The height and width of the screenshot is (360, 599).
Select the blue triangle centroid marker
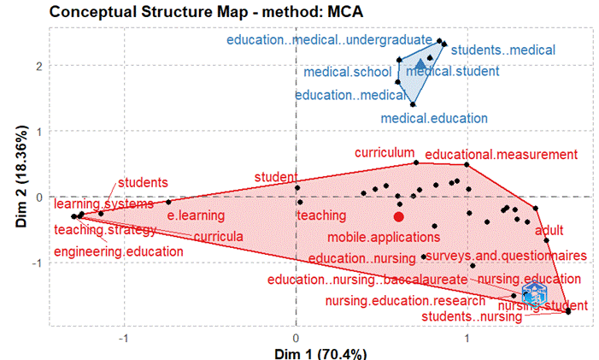point(420,64)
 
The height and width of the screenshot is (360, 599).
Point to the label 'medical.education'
point(434,118)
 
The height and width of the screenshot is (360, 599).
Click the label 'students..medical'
point(502,50)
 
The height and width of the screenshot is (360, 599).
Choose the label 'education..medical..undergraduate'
point(329,39)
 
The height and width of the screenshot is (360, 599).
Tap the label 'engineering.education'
point(118,251)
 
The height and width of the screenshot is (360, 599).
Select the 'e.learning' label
point(195,215)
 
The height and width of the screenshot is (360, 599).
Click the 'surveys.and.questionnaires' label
point(505,256)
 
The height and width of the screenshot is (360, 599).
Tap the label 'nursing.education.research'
point(399,300)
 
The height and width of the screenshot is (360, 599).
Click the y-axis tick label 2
point(39,66)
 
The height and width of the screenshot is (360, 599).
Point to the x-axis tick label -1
point(126,337)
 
